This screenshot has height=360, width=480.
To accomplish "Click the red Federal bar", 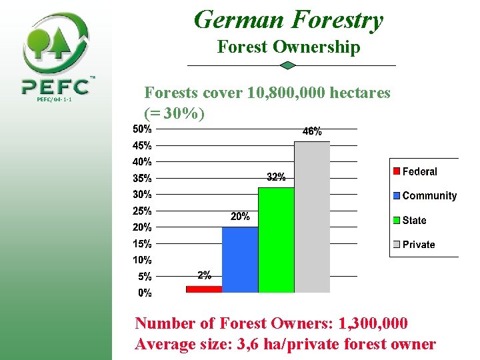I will (x=203, y=289).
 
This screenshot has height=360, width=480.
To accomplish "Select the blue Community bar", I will (x=240, y=259).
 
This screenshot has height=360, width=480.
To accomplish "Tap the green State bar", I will (x=276, y=239).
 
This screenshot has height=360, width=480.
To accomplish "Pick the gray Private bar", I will (x=312, y=217).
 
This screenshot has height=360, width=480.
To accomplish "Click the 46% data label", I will (x=312, y=132).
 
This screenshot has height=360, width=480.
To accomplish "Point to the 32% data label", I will (x=276, y=177).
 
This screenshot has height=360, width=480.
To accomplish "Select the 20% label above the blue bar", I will (x=240, y=217).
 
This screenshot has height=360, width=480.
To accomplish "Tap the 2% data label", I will (x=204, y=275).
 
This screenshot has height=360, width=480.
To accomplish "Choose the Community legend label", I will (x=429, y=196).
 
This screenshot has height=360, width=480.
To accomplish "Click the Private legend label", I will (x=419, y=245).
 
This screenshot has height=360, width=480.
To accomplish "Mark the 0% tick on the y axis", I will (x=145, y=293).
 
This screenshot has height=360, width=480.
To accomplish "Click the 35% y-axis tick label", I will (x=143, y=178).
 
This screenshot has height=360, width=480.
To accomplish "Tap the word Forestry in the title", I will (x=337, y=20).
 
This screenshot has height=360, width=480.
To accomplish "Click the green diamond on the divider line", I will (x=287, y=65).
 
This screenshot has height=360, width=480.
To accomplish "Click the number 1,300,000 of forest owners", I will (x=373, y=323).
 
